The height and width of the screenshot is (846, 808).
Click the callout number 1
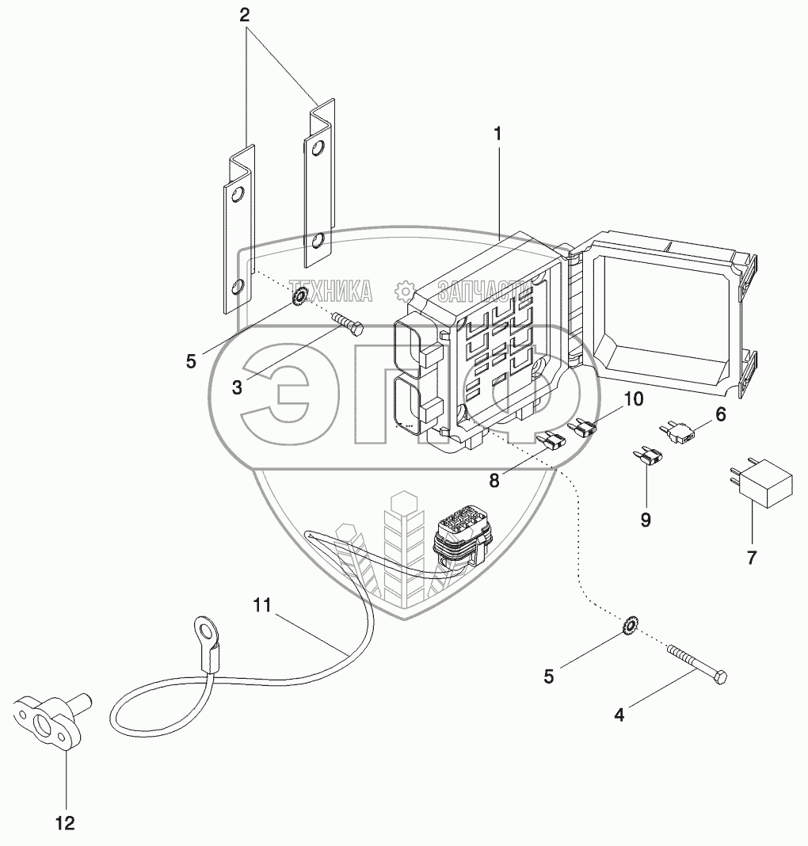tap(497, 135)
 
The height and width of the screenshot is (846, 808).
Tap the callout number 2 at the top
tap(245, 15)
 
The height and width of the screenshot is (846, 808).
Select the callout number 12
tap(65, 824)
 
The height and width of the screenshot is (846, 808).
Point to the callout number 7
tap(751, 557)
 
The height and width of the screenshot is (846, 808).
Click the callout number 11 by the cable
tap(262, 605)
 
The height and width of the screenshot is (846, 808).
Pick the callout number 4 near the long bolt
tap(619, 715)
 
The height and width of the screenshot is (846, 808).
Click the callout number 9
tap(646, 519)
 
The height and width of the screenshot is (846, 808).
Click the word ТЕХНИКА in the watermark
tap(330, 292)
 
